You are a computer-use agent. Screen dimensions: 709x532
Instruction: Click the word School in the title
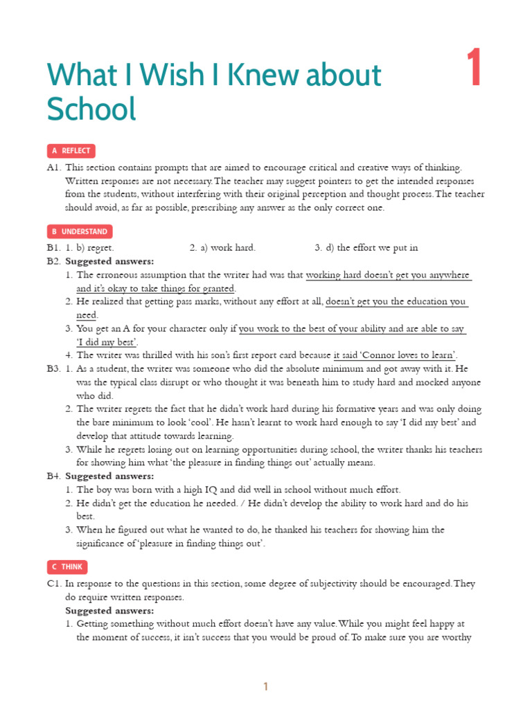[x=91, y=110]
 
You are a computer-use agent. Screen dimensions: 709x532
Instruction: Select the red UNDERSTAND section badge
[x=79, y=231]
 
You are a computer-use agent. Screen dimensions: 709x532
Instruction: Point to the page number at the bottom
[x=265, y=687]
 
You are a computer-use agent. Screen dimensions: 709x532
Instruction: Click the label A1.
[x=54, y=168]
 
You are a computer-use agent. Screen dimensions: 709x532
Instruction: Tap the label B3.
[x=54, y=369]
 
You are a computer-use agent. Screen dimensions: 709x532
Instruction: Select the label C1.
[x=54, y=584]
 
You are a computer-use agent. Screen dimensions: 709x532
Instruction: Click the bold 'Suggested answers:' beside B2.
[x=109, y=261]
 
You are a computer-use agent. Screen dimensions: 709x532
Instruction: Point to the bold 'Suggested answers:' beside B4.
[x=109, y=476]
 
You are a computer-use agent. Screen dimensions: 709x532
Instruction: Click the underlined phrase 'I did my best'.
[x=107, y=342]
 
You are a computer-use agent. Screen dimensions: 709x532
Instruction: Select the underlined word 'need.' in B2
[x=87, y=315]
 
